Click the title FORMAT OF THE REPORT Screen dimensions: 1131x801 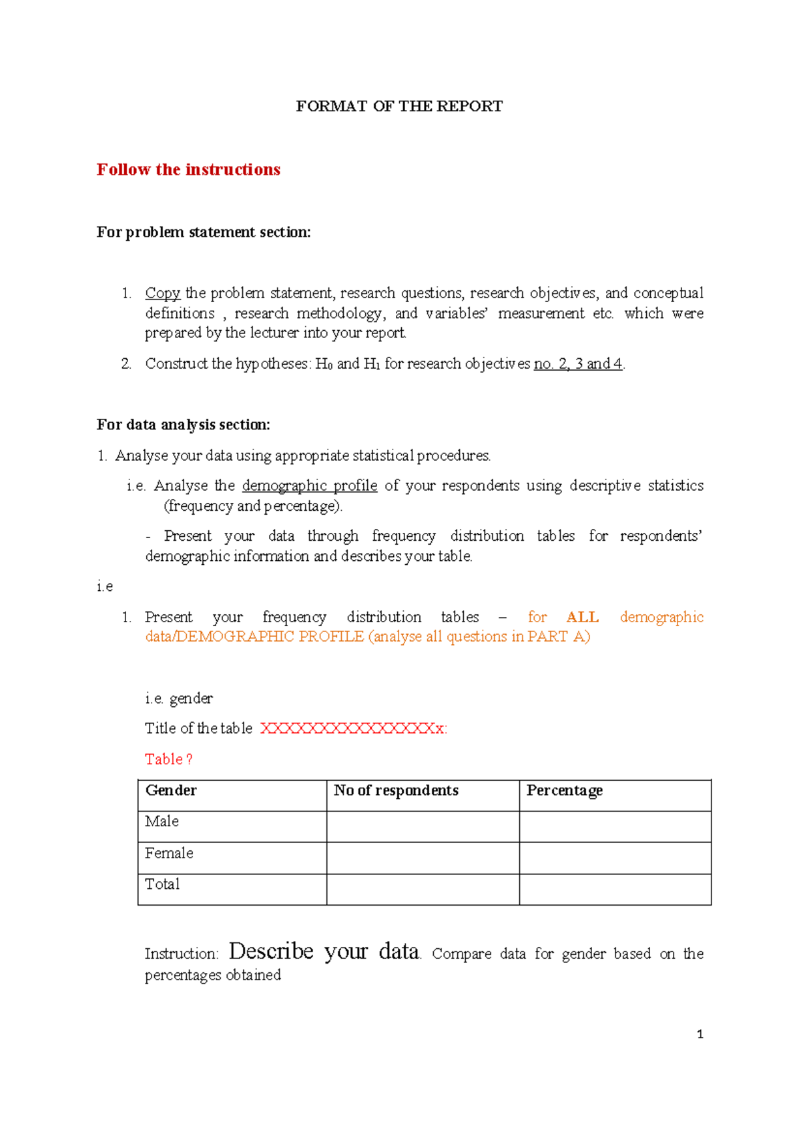tap(399, 106)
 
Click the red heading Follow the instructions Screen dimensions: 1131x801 tap(188, 169)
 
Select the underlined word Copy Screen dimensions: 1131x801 tap(163, 293)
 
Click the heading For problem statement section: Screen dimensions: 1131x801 tap(204, 232)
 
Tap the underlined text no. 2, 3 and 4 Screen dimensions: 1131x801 tap(578, 363)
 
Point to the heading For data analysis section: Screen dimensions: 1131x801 tap(183, 425)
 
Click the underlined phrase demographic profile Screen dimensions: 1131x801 tap(310, 485)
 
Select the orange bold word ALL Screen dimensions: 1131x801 tap(582, 617)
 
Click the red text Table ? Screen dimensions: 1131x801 tap(169, 759)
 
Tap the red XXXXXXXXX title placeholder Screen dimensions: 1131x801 tap(353, 728)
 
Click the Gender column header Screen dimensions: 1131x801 tap(171, 790)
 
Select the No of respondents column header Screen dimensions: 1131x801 tap(396, 790)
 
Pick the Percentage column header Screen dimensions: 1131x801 tap(564, 790)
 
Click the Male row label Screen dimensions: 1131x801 tap(162, 822)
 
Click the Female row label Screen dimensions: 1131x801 tap(169, 853)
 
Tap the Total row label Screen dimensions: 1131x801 tap(162, 884)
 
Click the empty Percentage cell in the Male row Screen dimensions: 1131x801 tap(615, 826)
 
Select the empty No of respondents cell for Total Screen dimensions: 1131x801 tap(423, 889)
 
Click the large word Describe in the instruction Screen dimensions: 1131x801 tap(271, 951)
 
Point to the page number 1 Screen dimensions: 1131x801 tap(700, 1034)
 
